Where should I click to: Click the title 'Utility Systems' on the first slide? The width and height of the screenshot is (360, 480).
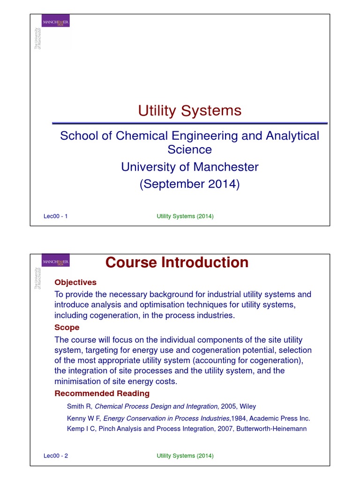pyautogui.click(x=189, y=111)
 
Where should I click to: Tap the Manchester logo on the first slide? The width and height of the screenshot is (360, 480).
pyautogui.click(x=56, y=22)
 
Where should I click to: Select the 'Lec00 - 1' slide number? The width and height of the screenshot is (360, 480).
pyautogui.click(x=55, y=216)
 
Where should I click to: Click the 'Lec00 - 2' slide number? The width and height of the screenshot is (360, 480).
pyautogui.click(x=55, y=456)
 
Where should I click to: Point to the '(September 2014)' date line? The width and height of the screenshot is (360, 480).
pyautogui.click(x=189, y=184)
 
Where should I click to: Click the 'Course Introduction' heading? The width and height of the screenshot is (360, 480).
pyautogui.click(x=176, y=262)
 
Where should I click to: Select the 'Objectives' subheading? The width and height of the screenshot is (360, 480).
pyautogui.click(x=75, y=282)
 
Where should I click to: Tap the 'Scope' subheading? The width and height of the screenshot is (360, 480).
pyautogui.click(x=67, y=327)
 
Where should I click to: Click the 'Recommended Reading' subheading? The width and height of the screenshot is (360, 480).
pyautogui.click(x=102, y=393)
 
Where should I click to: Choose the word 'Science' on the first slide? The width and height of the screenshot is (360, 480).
pyautogui.click(x=189, y=150)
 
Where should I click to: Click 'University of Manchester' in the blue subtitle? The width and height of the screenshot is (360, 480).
pyautogui.click(x=189, y=167)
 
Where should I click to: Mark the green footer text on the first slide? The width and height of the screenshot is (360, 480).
pyautogui.click(x=185, y=216)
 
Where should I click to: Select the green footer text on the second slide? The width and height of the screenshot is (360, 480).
pyautogui.click(x=185, y=456)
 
